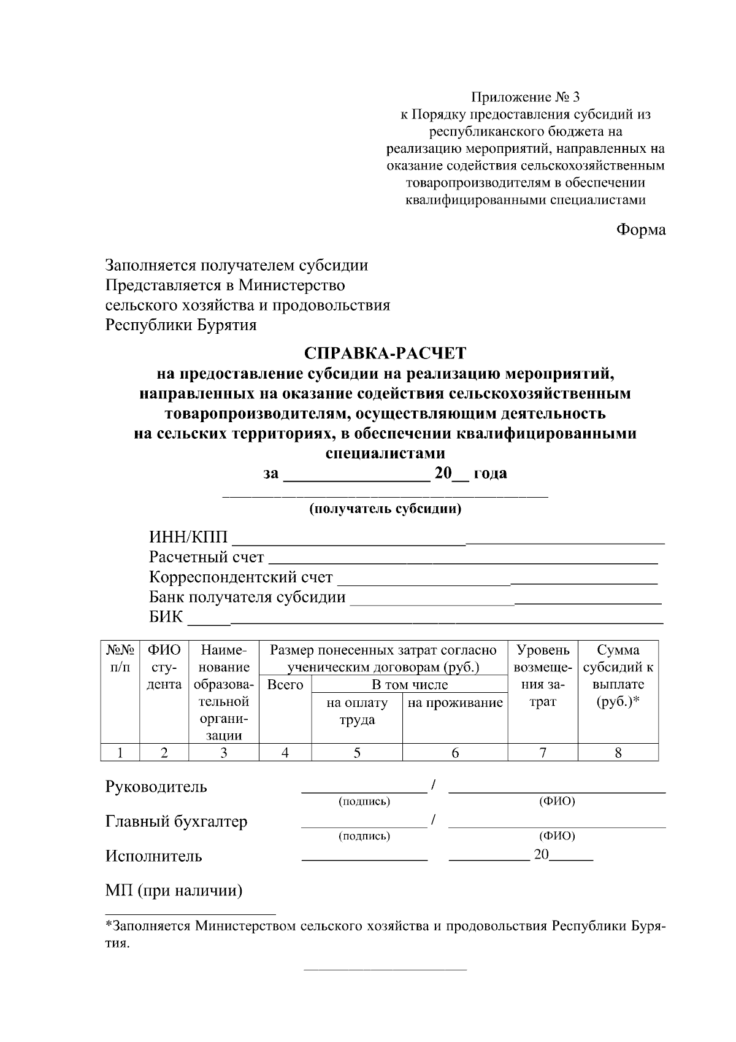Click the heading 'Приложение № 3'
tap(525, 97)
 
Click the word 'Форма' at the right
tap(640, 230)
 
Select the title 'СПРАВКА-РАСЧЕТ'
tap(385, 353)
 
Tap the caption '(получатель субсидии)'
tap(385, 509)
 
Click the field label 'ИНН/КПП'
tap(188, 538)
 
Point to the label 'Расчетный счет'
tap(206, 558)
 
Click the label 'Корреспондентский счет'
tap(240, 577)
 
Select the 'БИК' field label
tap(166, 617)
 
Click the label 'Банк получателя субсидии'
tap(247, 597)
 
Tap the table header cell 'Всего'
tap(285, 685)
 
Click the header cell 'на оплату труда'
tap(357, 711)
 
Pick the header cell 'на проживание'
tap(455, 703)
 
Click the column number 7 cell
tap(543, 752)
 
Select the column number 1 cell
tap(120, 752)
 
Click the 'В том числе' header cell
tap(410, 685)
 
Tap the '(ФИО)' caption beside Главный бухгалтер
tap(556, 836)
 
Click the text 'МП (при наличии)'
tap(174, 890)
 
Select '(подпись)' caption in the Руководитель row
tap(364, 801)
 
